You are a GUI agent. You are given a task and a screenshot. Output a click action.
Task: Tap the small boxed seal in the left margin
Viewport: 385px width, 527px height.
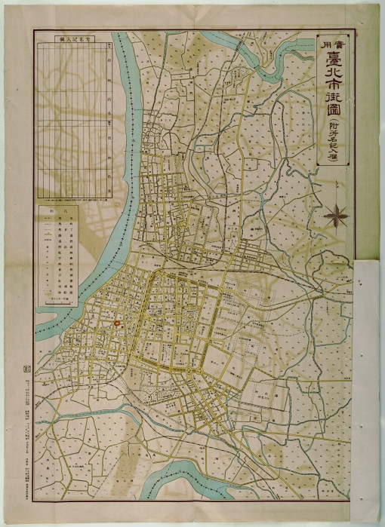[x=28, y=369]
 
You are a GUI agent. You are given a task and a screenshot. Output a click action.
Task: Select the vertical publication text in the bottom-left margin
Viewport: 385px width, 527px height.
[x=27, y=437]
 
